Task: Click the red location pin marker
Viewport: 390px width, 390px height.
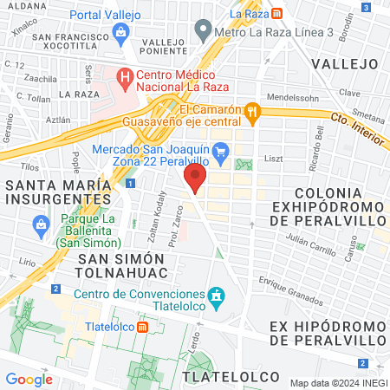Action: tap(195, 179)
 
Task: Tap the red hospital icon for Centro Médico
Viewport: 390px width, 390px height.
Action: tap(127, 76)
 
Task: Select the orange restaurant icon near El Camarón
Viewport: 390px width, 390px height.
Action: tap(252, 110)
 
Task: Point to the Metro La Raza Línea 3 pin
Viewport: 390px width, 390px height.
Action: tap(203, 32)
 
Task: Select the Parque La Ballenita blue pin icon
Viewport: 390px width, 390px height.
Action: tap(40, 225)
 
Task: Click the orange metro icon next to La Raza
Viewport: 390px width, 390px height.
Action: tap(275, 14)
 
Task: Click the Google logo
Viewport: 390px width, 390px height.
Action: tap(29, 379)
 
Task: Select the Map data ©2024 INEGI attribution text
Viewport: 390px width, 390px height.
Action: tap(337, 382)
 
